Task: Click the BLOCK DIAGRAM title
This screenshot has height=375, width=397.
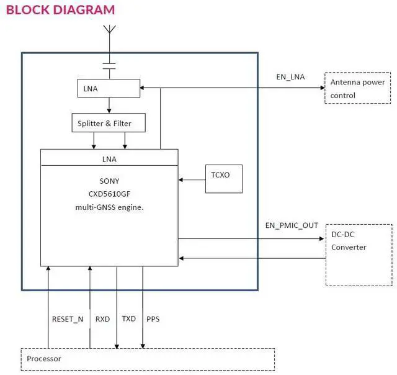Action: (60, 10)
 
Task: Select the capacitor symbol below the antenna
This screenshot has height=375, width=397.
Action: (109, 66)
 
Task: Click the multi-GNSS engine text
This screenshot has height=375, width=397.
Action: (109, 207)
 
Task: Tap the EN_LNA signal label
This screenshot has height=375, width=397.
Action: (290, 77)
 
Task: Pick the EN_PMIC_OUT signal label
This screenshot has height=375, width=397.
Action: (292, 226)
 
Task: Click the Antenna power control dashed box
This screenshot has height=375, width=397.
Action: (358, 88)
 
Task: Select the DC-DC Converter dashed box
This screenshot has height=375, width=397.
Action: (359, 255)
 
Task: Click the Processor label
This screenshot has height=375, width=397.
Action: (43, 359)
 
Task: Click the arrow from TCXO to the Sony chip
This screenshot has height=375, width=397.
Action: (192, 180)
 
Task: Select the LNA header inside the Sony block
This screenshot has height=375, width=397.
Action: (109, 159)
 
